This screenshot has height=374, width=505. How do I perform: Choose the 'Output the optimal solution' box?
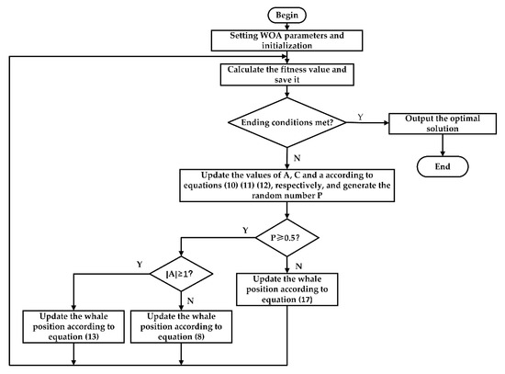[445, 125]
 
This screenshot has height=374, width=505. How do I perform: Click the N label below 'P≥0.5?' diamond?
[299, 263]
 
